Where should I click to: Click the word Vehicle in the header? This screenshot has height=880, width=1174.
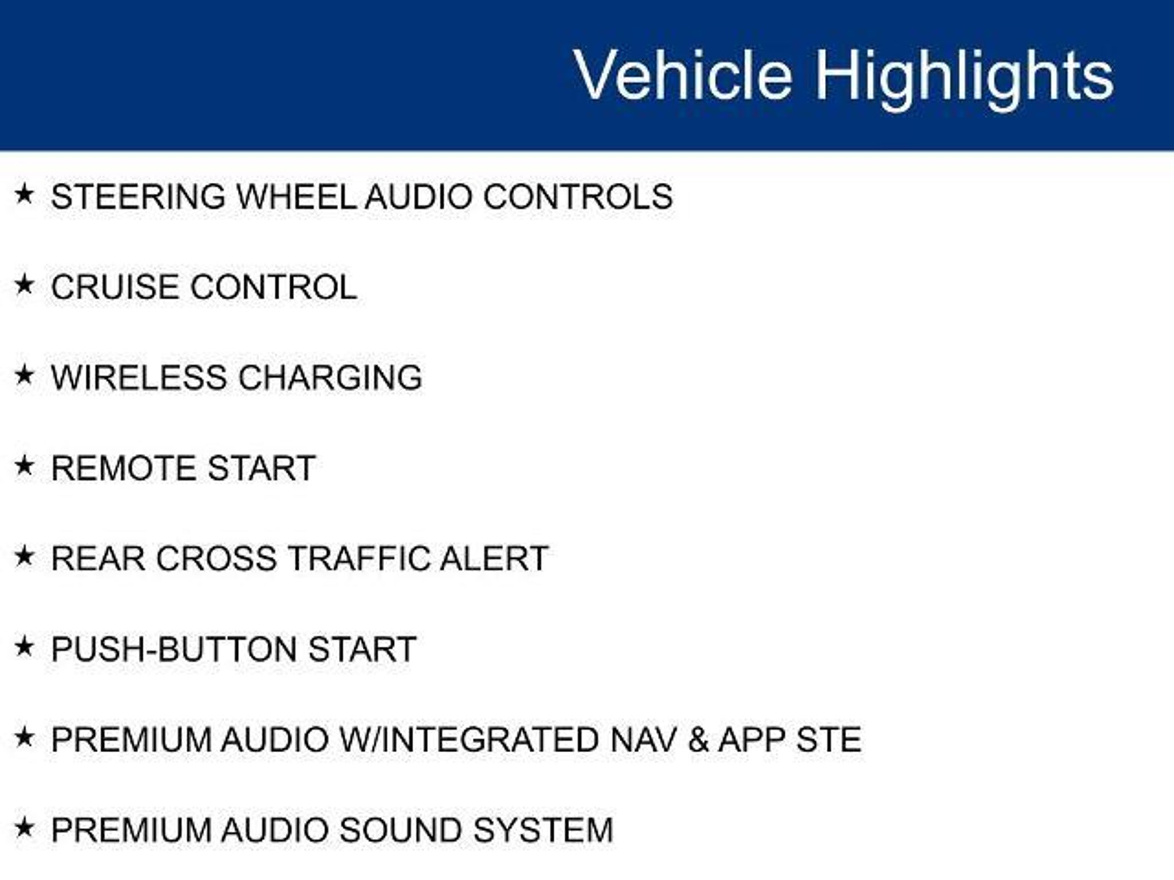(683, 74)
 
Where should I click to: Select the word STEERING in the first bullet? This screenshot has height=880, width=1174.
(138, 197)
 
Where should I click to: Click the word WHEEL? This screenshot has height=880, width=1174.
(296, 197)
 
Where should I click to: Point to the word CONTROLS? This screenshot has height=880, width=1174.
(578, 197)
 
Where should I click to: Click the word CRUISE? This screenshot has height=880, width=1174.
(114, 287)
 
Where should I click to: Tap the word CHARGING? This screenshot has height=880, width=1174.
(330, 378)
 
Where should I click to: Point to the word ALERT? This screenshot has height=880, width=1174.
(494, 559)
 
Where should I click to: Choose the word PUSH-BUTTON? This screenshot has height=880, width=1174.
(175, 649)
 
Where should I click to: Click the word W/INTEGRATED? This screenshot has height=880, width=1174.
(469, 740)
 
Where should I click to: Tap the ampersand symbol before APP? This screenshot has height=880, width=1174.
(698, 740)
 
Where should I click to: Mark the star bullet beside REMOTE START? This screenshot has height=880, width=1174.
(24, 466)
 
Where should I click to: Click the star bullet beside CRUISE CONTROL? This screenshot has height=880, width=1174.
(24, 285)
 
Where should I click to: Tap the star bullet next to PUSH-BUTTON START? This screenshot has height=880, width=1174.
(24, 647)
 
